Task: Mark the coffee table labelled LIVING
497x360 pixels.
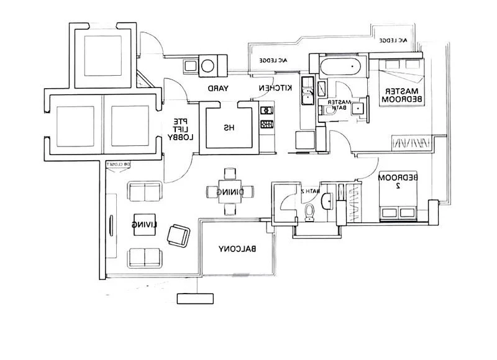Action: [138, 224]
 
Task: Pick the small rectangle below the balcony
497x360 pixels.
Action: [194, 298]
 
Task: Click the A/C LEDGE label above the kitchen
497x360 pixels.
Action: [275, 60]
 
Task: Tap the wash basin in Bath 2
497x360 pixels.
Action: [327, 200]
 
